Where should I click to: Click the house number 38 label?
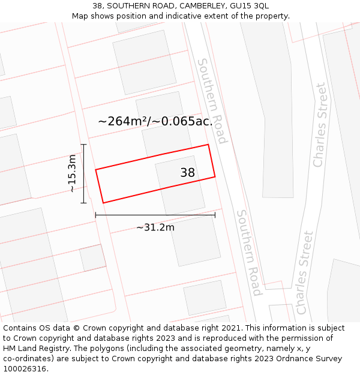188,173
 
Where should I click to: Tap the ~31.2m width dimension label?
155,227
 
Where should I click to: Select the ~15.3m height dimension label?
72,173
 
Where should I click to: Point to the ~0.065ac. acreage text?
182,121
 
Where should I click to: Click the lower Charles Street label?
305,272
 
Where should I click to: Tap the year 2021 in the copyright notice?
230,328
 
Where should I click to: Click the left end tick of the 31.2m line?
95,215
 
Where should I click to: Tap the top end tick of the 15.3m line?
83,145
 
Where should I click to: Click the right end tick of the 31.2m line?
215,215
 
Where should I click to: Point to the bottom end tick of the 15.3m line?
83,203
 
